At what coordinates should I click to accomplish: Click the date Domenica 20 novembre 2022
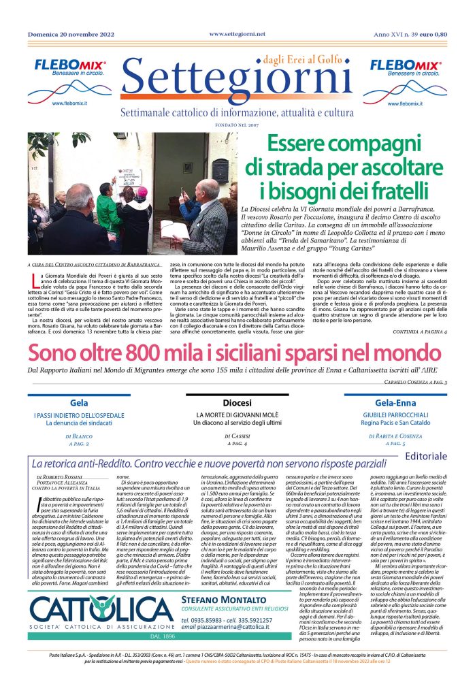click(x=71, y=35)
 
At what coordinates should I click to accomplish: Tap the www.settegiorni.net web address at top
click(x=237, y=33)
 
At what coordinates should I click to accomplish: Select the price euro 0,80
click(x=432, y=35)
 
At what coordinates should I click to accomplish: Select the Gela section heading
click(x=79, y=403)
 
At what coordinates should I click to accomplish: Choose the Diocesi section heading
click(x=237, y=403)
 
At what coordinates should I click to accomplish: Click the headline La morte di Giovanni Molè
click(x=237, y=415)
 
